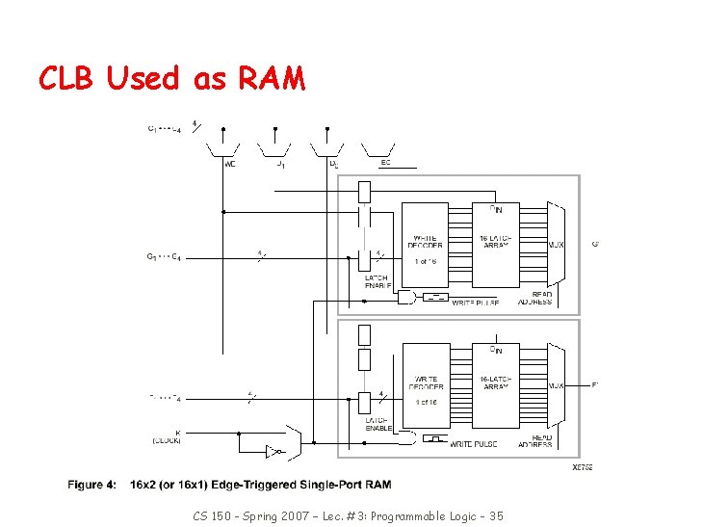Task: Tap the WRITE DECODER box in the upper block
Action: pyautogui.click(x=425, y=244)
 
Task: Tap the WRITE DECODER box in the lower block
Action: pyautogui.click(x=425, y=383)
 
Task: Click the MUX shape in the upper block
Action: pyautogui.click(x=557, y=244)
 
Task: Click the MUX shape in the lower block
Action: pyautogui.click(x=557, y=384)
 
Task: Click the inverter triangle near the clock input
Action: pyautogui.click(x=273, y=450)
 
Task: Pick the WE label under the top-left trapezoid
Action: pyautogui.click(x=229, y=164)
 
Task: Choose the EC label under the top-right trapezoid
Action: pyautogui.click(x=385, y=163)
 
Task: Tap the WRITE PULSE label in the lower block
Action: pyautogui.click(x=475, y=443)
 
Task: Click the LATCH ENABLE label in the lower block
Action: pyautogui.click(x=378, y=424)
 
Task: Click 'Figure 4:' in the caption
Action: pyautogui.click(x=93, y=485)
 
